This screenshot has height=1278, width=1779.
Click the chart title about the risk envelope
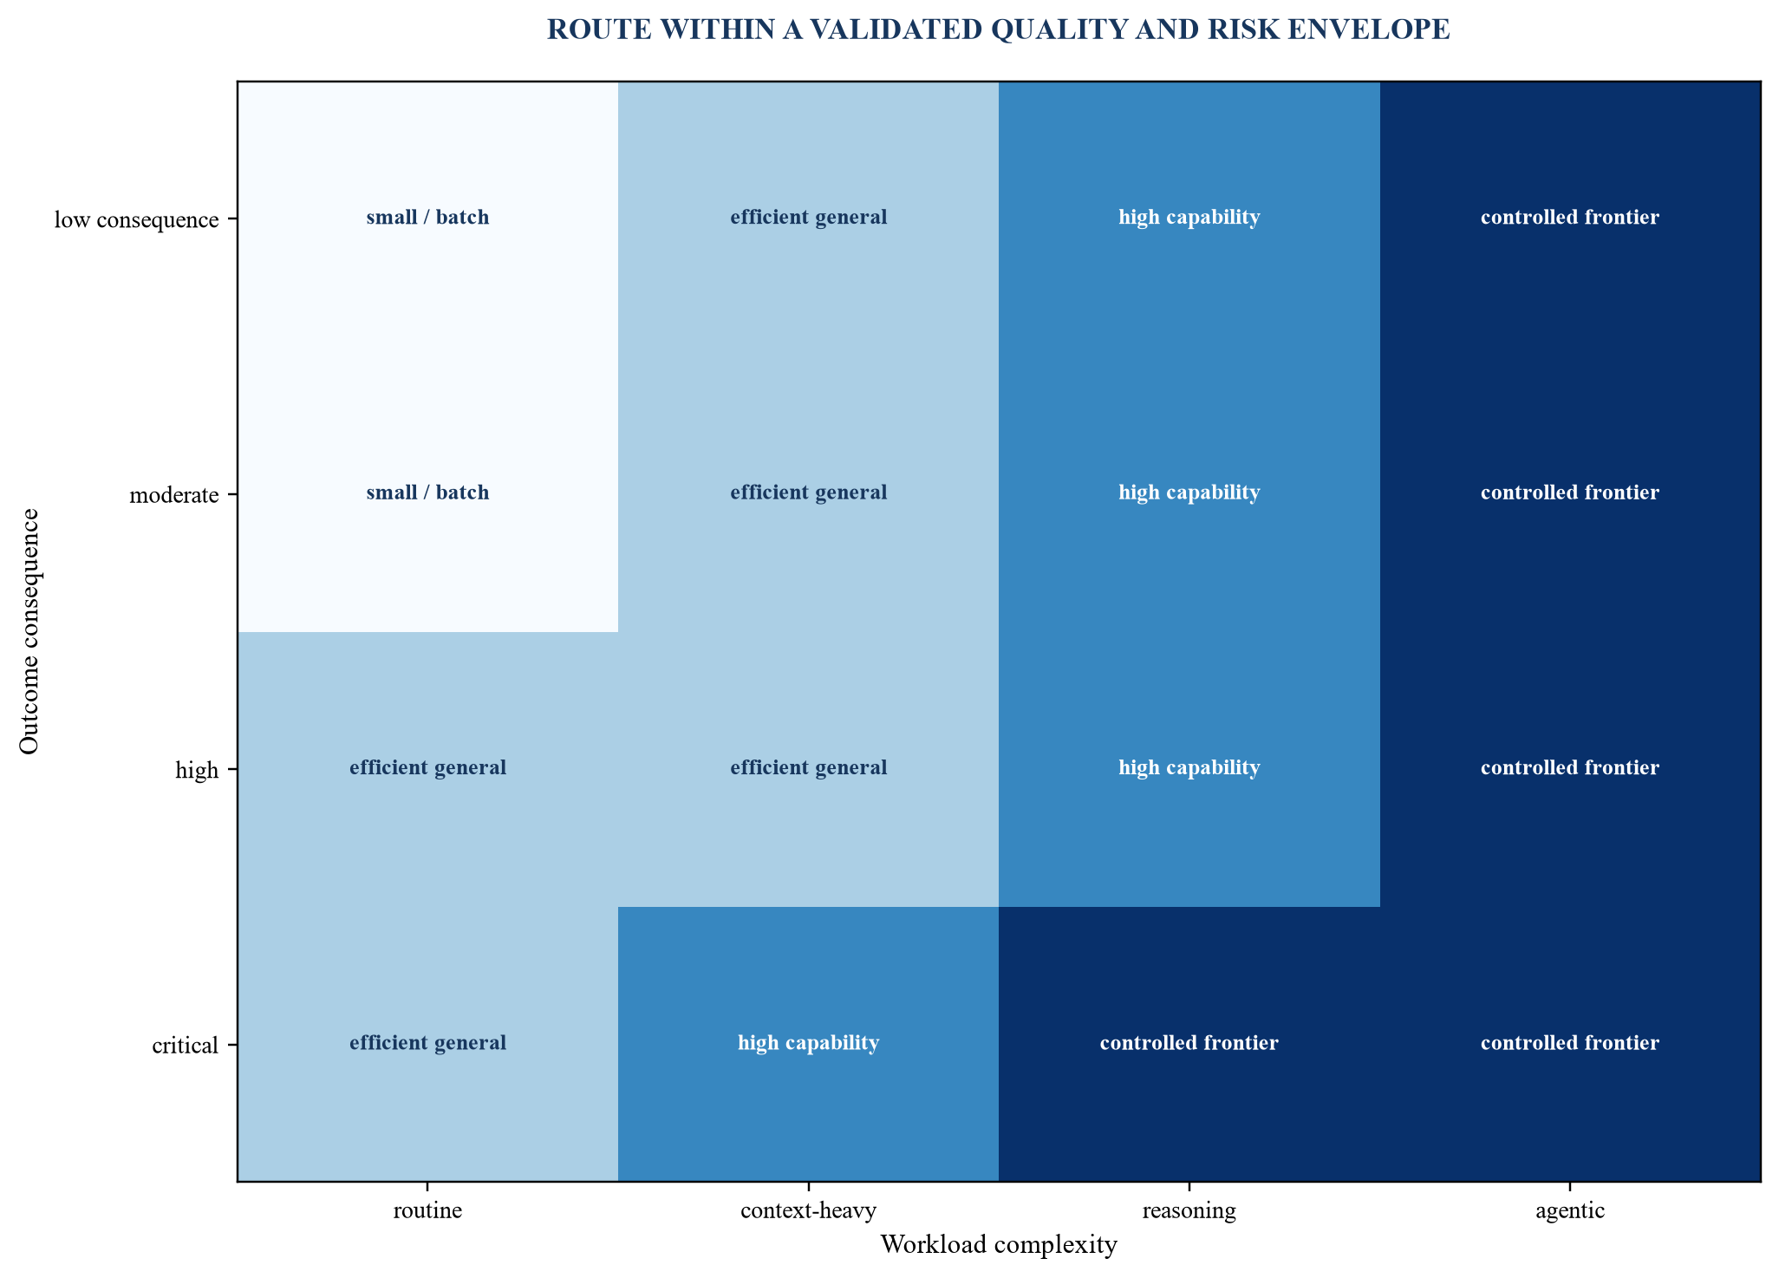coord(999,29)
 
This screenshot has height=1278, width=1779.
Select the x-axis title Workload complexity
coord(999,1246)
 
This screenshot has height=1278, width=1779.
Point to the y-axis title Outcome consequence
coord(29,631)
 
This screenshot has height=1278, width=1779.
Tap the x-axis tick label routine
coord(427,1211)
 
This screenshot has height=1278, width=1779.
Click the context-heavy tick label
coord(808,1211)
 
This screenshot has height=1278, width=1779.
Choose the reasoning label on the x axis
coord(1189,1212)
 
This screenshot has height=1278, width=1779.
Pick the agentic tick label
coord(1570,1212)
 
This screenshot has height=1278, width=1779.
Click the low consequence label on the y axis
coord(136,219)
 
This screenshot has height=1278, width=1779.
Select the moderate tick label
coord(173,495)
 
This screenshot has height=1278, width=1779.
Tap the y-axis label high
coord(197,770)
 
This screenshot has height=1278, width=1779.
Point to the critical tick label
coord(186,1045)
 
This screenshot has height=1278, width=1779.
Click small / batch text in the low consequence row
coord(427,218)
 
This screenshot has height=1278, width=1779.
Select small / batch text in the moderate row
coord(427,492)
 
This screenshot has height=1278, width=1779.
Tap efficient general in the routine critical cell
coord(427,1043)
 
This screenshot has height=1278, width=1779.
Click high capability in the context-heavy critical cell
coord(808,1043)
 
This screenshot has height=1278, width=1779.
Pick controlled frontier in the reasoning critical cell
coord(1189,1043)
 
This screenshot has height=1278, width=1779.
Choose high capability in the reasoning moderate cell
coord(1189,492)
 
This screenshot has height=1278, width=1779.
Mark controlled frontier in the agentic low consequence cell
coord(1570,218)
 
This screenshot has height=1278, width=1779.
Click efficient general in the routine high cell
coord(427,768)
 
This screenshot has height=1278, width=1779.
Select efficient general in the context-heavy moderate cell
coord(808,492)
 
